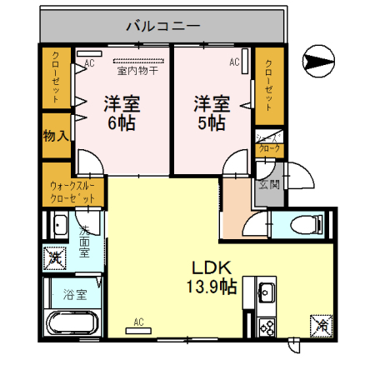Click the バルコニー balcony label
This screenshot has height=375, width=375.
tap(163, 26)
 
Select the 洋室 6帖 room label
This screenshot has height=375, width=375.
tap(122, 113)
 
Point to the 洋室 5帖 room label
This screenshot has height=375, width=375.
tap(212, 113)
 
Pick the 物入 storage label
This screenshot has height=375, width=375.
tap(56, 134)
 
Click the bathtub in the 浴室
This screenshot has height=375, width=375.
tap(72, 322)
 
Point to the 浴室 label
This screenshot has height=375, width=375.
tap(73, 293)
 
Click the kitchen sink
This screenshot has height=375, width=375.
tap(267, 292)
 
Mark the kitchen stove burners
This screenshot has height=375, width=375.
tap(267, 326)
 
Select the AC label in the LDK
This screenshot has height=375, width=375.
tap(138, 322)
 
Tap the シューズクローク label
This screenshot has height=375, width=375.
tap(269, 143)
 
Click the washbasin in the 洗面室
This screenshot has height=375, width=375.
tap(60, 225)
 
